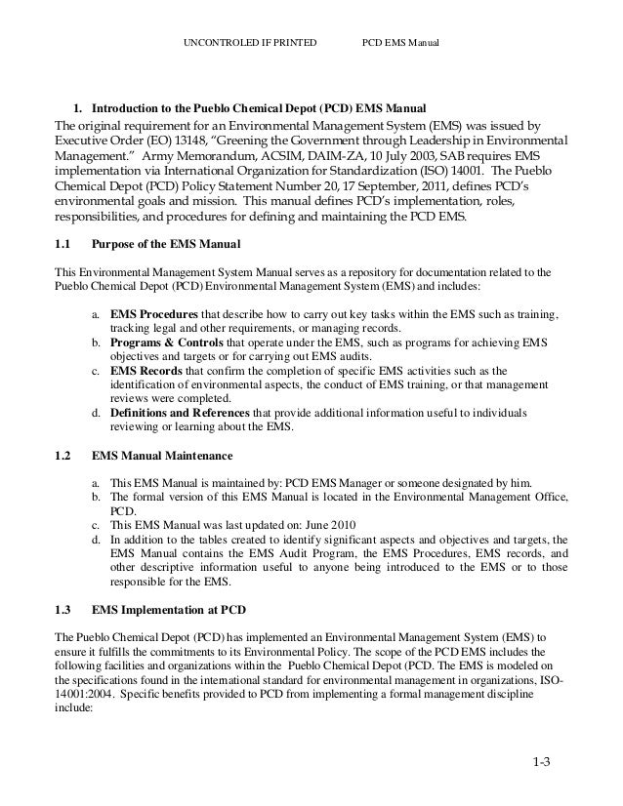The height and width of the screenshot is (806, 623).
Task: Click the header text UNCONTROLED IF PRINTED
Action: (250, 44)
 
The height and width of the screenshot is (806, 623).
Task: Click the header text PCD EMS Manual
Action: (401, 44)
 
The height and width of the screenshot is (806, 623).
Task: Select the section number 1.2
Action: (61, 455)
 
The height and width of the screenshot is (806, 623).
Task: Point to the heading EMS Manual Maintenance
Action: (162, 455)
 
